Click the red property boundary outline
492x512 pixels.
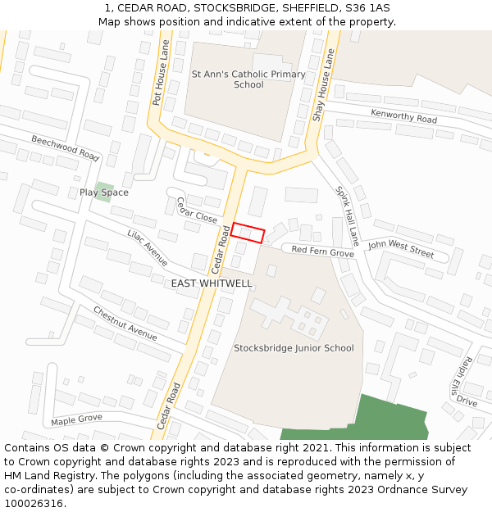(x=248, y=233)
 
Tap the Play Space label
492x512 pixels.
(x=104, y=193)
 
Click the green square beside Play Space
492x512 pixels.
(x=103, y=191)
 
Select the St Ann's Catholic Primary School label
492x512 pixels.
(x=248, y=79)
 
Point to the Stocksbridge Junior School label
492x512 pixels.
(x=294, y=348)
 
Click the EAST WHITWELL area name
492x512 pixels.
(x=212, y=283)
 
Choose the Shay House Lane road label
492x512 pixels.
(x=325, y=84)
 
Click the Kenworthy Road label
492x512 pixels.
(x=403, y=116)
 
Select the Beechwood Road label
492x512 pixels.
(x=66, y=148)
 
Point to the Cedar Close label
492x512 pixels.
(x=197, y=211)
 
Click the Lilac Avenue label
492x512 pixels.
(x=148, y=247)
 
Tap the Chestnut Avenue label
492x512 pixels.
(x=125, y=324)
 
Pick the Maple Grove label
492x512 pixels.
(x=76, y=419)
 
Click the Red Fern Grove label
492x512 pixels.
(x=322, y=251)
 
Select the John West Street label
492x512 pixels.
(x=400, y=249)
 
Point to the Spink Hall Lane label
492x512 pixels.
(x=347, y=215)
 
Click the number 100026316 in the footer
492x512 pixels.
(x=34, y=504)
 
